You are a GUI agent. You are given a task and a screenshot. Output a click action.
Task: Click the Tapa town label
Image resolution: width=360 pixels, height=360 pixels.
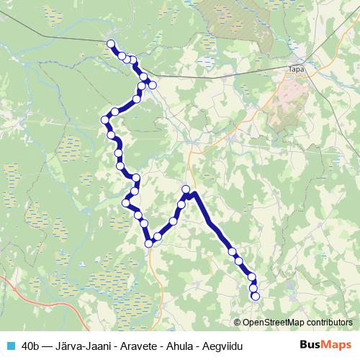295,69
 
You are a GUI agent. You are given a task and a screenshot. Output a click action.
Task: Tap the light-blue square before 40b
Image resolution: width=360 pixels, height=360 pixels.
9,346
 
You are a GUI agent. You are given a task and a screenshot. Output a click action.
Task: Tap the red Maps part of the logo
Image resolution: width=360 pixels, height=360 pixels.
336,346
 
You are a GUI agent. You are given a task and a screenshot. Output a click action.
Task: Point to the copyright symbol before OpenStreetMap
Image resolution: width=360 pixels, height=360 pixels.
238,323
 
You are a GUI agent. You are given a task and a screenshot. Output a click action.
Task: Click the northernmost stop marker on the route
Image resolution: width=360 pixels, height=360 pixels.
112,45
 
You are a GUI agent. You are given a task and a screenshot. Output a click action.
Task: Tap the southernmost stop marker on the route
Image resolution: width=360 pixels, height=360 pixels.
255,296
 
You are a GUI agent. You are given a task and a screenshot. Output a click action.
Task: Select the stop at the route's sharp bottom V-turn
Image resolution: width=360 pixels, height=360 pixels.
150,243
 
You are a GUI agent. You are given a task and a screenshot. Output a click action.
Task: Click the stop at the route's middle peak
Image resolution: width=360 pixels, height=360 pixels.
186,190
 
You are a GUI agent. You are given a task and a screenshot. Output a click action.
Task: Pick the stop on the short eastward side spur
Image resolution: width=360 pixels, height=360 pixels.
153,85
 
